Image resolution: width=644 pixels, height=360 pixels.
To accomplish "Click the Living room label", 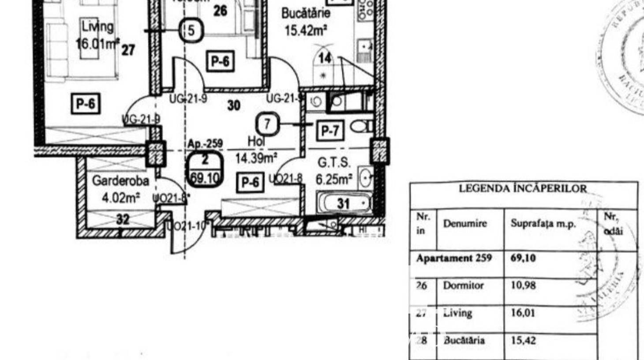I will pos(97,26).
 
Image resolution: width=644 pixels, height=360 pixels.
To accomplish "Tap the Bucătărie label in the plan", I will pos(306,13).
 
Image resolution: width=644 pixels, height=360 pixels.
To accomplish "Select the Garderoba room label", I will pos(120,181).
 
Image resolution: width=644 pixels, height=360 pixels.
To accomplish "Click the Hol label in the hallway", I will pos(256,142).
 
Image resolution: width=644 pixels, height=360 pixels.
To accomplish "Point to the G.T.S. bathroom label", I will pos(334,163).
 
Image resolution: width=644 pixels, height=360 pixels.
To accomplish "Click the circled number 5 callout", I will pos(191,31).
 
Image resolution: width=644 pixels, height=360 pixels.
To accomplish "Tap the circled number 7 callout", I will pos(267,124).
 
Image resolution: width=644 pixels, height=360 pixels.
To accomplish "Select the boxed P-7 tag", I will pos(330,131).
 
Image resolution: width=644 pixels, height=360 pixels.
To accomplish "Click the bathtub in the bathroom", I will pos(344,203).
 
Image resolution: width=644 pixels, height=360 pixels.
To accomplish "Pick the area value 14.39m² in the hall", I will pos(256,157).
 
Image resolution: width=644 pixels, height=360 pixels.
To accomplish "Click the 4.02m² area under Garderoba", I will pos(121,197).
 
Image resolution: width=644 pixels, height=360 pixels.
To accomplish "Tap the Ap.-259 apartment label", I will pos(205,144).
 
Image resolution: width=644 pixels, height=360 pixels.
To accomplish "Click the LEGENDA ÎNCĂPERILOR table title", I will pos(523,189).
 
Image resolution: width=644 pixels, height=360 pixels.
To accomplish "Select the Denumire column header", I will pos(465,224).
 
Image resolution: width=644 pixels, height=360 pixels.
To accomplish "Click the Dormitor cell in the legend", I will pos(463,285).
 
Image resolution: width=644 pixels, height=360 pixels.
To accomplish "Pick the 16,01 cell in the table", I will pos(523,313).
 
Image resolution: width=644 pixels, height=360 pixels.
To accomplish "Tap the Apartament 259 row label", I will pos(454,258).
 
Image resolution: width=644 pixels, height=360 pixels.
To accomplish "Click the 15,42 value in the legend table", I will pos(523,340).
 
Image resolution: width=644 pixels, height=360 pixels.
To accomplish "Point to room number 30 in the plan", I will pos(234,105).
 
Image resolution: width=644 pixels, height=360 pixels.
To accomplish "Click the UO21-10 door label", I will pos(186,226).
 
